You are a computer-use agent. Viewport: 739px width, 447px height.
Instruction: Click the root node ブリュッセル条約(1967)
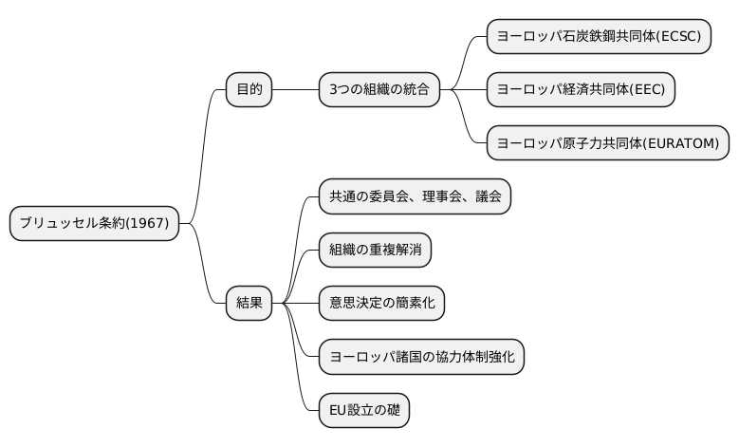(94, 224)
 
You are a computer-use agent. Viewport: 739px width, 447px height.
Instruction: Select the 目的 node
(249, 90)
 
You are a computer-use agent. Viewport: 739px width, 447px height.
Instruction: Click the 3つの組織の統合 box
(379, 90)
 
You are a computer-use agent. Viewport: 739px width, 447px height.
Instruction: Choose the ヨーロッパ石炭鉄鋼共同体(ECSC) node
(599, 37)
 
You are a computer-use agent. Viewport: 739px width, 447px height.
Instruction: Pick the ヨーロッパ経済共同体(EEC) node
(582, 90)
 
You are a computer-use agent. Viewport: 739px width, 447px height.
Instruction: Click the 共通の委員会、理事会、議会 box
(414, 197)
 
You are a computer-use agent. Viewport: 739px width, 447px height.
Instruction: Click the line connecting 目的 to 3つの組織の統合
(295, 90)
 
